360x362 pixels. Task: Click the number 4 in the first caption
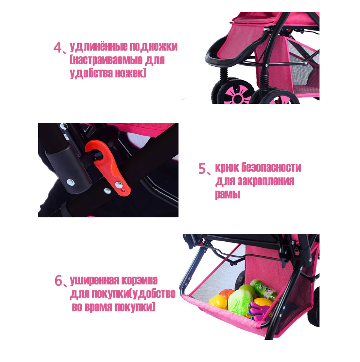pos(57,47)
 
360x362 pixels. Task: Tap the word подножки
pos(153,46)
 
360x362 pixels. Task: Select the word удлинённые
pos(99,47)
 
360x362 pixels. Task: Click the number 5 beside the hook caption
pos(202,169)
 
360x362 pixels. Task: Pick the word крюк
pos(227,168)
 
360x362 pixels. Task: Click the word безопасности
pos(271,168)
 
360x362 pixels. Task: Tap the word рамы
pos(228,194)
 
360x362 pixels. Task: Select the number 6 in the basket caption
pos(58,281)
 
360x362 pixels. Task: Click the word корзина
pos(139,281)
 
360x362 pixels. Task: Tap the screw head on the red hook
pos(118,184)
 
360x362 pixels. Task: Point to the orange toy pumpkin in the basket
pos(226,294)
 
